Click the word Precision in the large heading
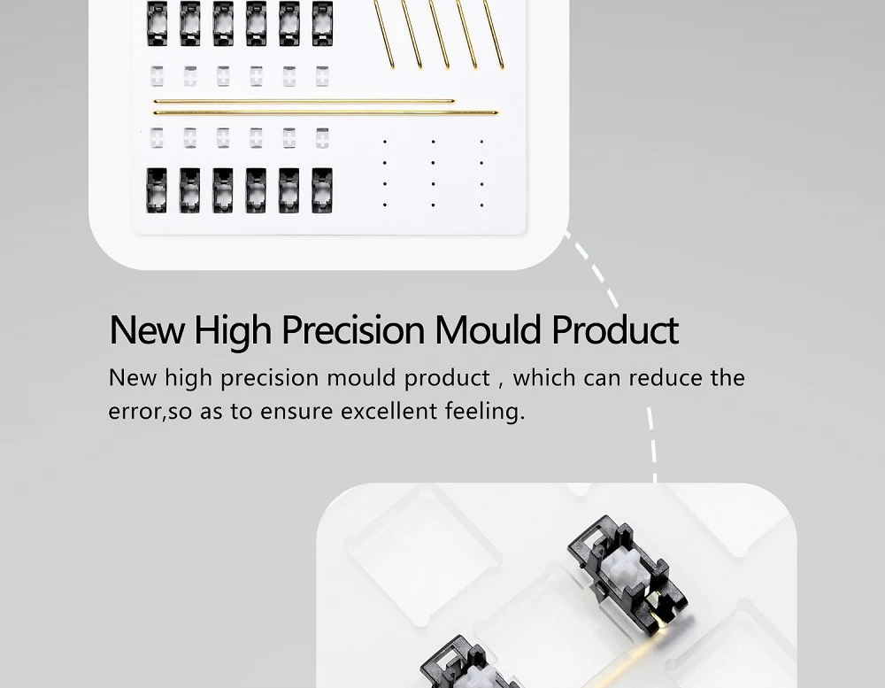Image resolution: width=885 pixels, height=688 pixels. point(353,330)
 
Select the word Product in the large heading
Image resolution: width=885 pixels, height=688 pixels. point(615,330)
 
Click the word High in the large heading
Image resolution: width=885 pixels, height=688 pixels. point(233,331)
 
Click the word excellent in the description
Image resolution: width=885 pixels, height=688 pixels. point(389,411)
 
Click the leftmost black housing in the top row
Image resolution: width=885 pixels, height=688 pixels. point(157,24)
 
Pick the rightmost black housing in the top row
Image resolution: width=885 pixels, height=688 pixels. point(322,24)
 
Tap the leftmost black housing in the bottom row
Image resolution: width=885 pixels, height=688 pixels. point(157,190)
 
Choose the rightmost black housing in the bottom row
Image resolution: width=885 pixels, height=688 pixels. point(322,190)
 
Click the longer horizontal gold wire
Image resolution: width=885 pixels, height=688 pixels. point(326,113)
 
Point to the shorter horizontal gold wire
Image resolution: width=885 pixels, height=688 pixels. point(304,101)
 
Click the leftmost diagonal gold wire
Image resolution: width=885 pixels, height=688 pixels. point(384,34)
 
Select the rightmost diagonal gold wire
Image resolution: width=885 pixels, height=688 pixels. point(493,34)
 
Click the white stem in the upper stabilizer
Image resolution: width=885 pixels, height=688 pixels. point(622,567)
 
